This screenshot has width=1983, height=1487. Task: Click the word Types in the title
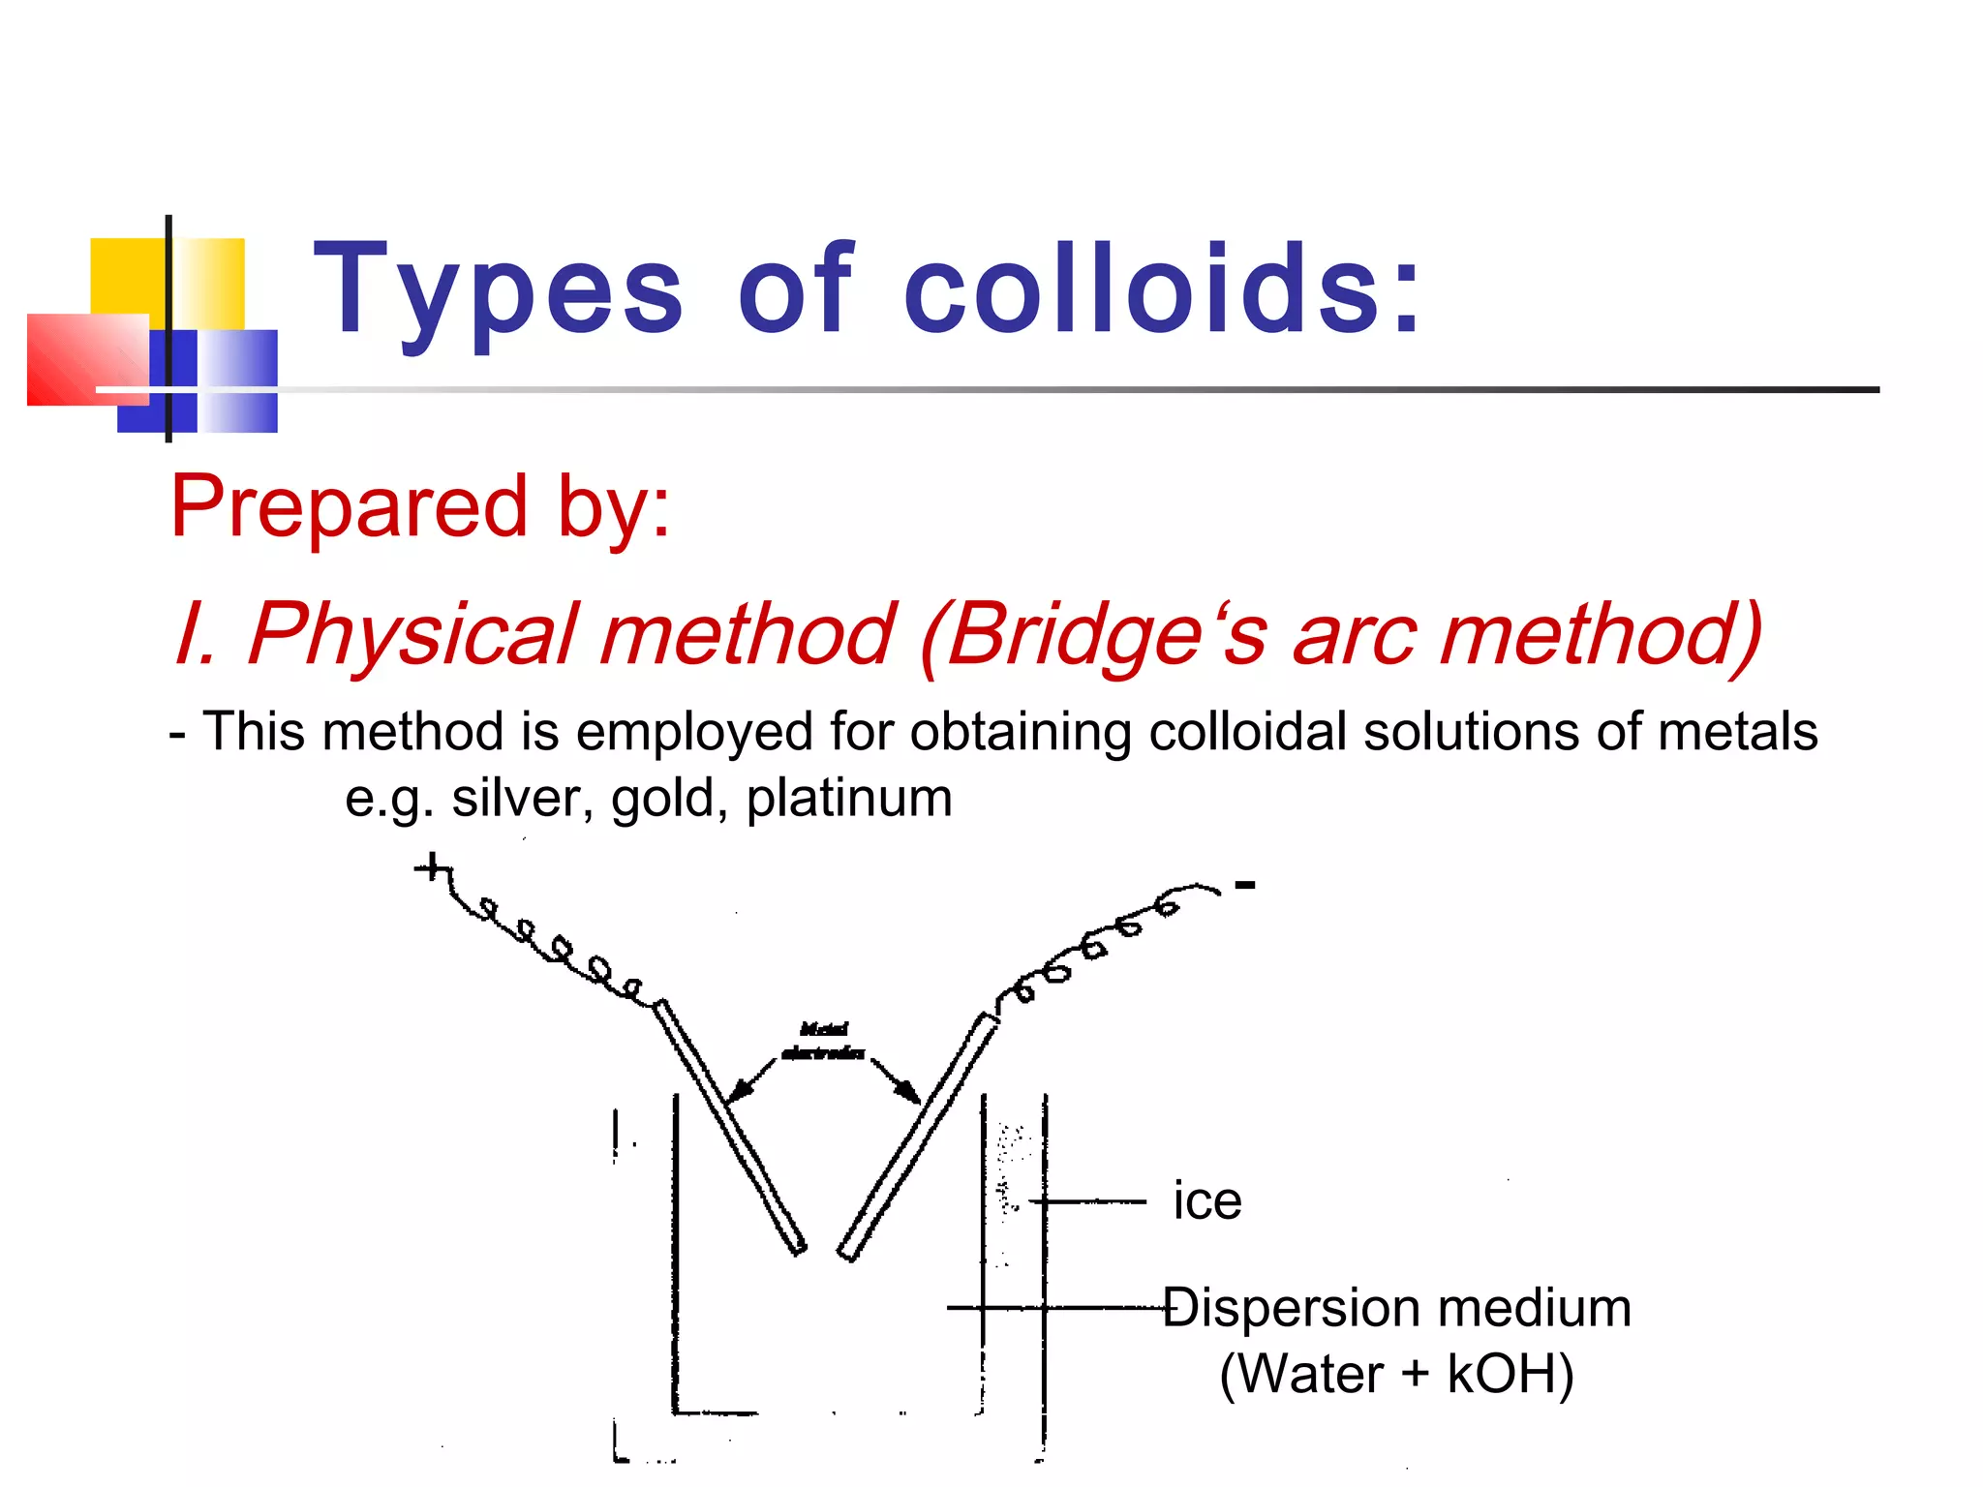tap(498, 290)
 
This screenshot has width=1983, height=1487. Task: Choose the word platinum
tap(849, 799)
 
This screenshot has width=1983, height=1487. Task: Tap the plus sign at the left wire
tap(432, 866)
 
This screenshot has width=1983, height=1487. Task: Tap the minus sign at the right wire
tap(1245, 884)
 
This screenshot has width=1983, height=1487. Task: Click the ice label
tap(1206, 1201)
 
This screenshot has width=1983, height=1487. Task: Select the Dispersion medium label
tap(1397, 1308)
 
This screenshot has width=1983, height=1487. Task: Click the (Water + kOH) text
tap(1396, 1374)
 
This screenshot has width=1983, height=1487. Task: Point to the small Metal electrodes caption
tap(823, 1042)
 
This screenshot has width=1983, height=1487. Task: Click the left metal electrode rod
tap(730, 1128)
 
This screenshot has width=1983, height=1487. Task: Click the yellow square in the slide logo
tap(127, 276)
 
